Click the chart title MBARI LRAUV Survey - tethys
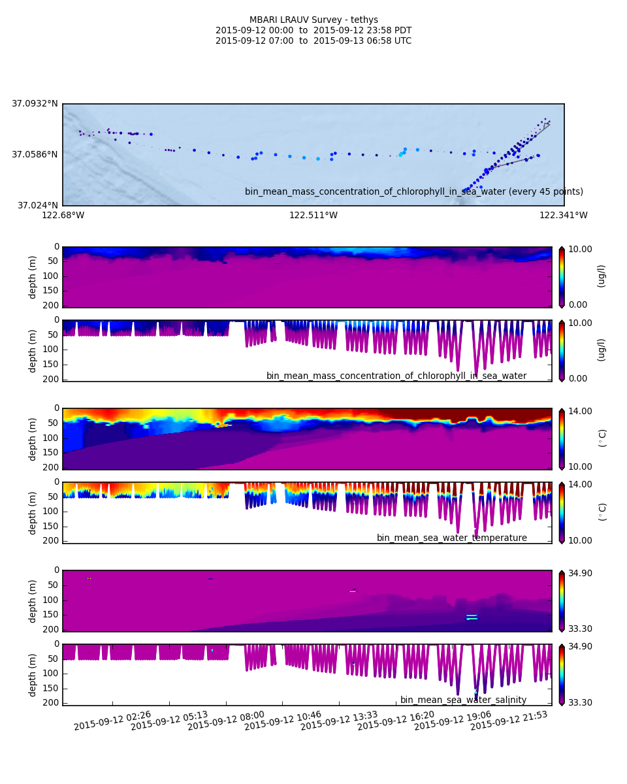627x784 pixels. [313, 20]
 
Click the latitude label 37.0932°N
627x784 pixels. [35, 104]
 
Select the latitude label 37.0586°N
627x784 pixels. [35, 155]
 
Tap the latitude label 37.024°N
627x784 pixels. [37, 205]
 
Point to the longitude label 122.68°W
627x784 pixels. [63, 216]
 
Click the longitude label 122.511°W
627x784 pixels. [313, 216]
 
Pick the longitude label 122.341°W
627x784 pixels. [563, 216]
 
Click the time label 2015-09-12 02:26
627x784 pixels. [112, 721]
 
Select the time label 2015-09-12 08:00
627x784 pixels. [226, 721]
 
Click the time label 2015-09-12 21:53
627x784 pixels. [509, 721]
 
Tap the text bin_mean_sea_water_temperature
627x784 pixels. [451, 538]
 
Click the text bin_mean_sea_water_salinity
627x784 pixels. [463, 700]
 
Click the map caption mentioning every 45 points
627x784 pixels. [413, 192]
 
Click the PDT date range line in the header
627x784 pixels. [313, 31]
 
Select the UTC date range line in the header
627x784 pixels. [313, 41]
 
